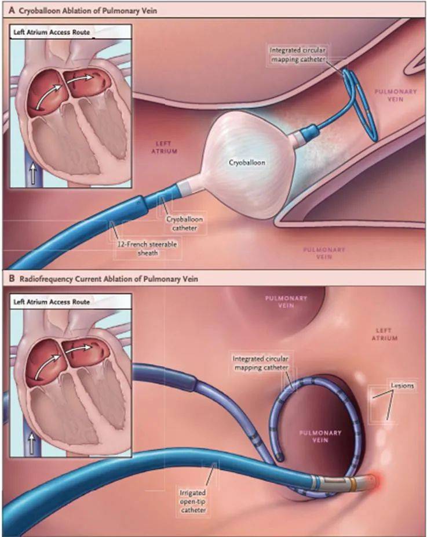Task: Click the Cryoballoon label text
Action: (x=247, y=162)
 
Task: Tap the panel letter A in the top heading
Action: (x=12, y=10)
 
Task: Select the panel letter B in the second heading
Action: (x=12, y=278)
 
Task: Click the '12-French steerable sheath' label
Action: (x=147, y=249)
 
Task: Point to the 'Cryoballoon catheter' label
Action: (x=185, y=223)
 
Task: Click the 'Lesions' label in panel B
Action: (x=402, y=386)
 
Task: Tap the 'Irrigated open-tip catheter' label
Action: (x=193, y=502)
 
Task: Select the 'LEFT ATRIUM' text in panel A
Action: (x=165, y=147)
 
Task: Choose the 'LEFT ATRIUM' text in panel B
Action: (x=384, y=334)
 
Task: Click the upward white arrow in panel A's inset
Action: (x=33, y=173)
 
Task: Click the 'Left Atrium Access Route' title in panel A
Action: (x=52, y=32)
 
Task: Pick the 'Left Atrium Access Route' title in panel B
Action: (x=52, y=302)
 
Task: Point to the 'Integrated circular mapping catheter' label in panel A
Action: (x=298, y=55)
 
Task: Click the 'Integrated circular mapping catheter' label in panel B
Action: (x=261, y=363)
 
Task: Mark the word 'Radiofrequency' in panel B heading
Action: (x=46, y=279)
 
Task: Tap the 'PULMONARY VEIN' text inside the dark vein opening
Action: (x=320, y=436)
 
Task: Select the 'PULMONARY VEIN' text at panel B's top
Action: (x=286, y=302)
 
